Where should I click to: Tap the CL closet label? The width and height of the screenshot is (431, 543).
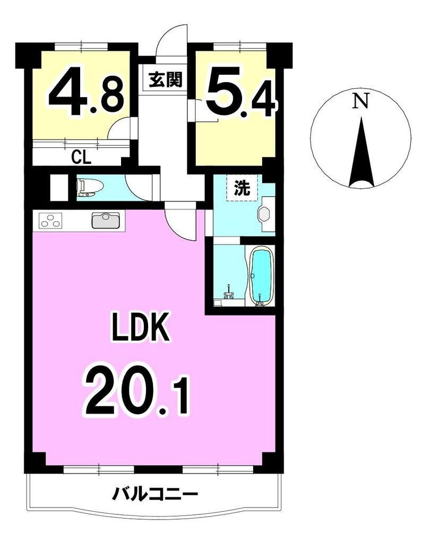(x=81, y=157)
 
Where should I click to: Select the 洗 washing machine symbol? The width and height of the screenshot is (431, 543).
(x=242, y=188)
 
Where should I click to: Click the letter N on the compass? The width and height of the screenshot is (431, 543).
(x=360, y=101)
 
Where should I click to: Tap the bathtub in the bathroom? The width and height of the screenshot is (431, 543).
(x=262, y=276)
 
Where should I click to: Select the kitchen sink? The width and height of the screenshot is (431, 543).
(x=106, y=221)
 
